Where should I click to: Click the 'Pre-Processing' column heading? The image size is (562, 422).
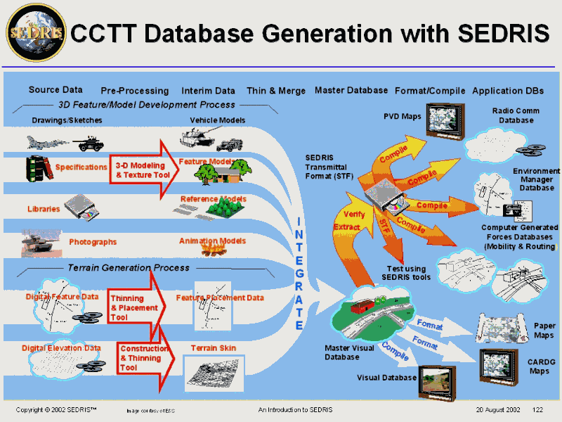click(134, 91)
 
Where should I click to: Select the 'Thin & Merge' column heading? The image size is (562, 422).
click(276, 91)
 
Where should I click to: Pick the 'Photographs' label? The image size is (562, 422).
click(93, 242)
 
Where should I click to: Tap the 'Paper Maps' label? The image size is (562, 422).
click(544, 331)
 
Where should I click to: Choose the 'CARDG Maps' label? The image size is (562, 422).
click(540, 366)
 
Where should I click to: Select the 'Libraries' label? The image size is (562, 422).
click(44, 209)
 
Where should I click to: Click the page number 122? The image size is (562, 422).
click(538, 409)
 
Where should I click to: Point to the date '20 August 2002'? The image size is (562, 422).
click(497, 409)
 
